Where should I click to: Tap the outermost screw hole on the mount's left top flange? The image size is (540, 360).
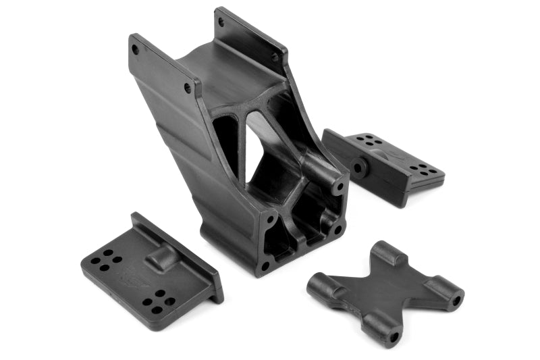136,49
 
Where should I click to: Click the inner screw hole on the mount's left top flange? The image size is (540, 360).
188,88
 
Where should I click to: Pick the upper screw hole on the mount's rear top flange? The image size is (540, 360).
221,20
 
